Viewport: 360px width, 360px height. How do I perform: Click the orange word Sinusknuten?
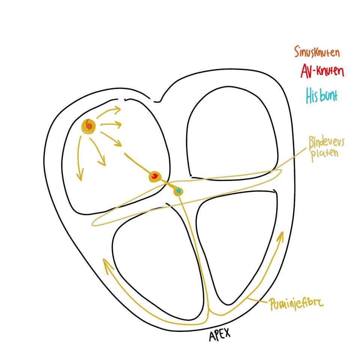[x=317, y=52]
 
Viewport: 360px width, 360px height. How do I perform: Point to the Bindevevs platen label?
[x=326, y=148]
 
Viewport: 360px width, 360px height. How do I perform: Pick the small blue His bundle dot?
[x=178, y=192]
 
